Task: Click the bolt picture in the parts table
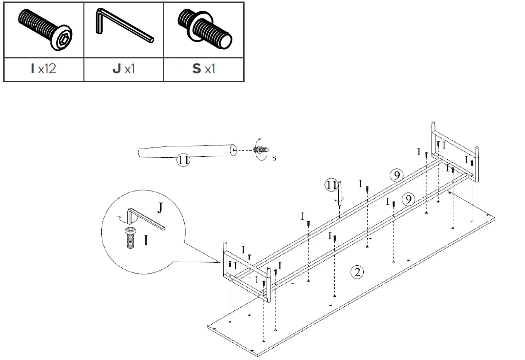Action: click(43, 31)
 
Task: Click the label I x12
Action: click(43, 69)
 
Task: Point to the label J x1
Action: click(123, 69)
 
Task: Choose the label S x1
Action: click(204, 69)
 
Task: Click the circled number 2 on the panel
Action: click(358, 272)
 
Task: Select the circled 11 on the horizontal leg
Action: click(184, 160)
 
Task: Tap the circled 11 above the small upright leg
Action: click(332, 184)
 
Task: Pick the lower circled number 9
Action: click(408, 199)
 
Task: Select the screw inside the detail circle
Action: click(130, 239)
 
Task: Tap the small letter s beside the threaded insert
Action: click(274, 158)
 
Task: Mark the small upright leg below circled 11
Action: click(340, 193)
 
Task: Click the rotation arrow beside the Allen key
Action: click(121, 219)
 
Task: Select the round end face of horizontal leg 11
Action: click(233, 150)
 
